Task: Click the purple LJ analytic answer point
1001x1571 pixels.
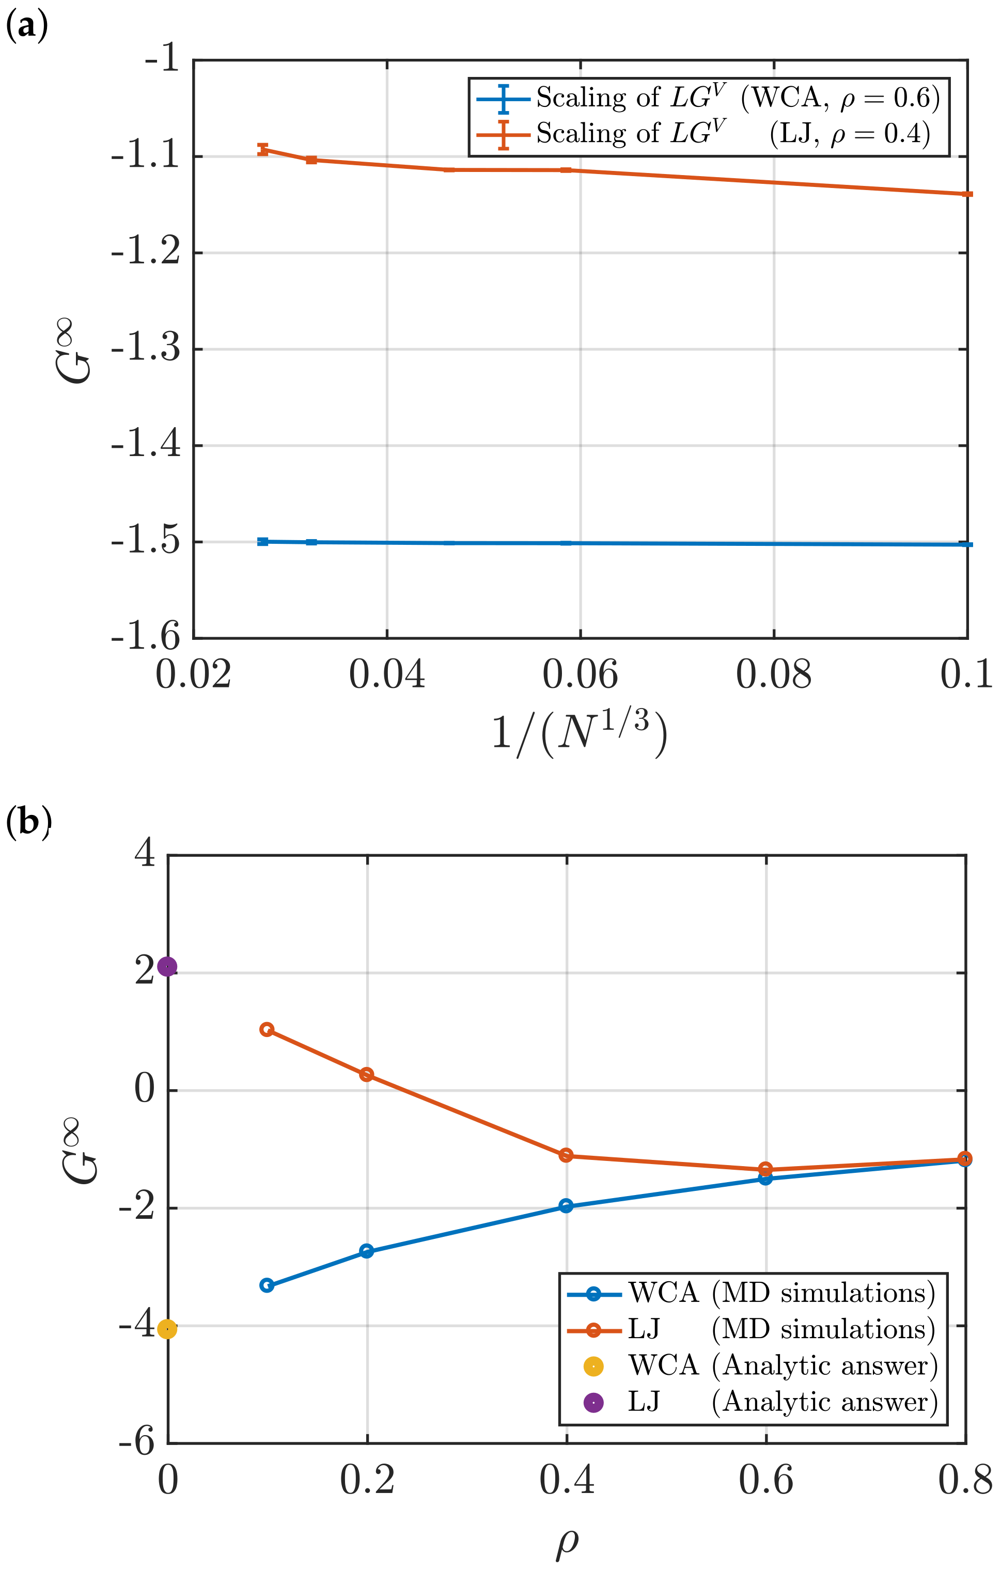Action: (x=168, y=966)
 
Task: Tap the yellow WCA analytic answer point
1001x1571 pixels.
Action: (x=168, y=1328)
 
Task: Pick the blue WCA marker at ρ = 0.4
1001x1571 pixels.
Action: (x=567, y=1206)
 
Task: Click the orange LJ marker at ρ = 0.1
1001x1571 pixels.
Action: (x=267, y=1029)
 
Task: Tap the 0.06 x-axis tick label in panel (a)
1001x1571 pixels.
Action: (x=580, y=674)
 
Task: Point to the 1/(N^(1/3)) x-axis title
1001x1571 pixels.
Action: (x=580, y=734)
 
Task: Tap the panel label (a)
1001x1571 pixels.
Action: (x=26, y=27)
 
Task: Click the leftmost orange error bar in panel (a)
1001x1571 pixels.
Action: (x=263, y=149)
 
